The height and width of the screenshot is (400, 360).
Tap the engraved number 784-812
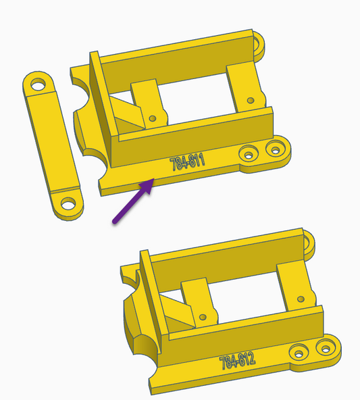click(x=237, y=361)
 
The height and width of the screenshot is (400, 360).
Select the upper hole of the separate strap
click(x=38, y=84)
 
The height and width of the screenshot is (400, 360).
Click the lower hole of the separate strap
click(x=68, y=203)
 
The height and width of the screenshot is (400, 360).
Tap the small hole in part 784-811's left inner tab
click(x=153, y=118)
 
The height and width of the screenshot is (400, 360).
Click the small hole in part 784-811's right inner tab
click(x=251, y=100)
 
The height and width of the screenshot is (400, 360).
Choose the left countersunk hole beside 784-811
click(x=249, y=154)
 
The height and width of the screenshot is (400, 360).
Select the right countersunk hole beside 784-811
click(x=275, y=149)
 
